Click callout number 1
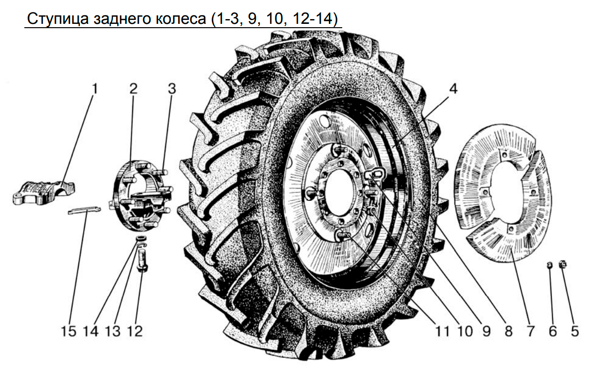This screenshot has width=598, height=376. (x=94, y=89)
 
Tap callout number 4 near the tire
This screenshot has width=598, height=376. (x=453, y=89)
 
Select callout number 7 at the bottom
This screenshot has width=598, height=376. (x=530, y=332)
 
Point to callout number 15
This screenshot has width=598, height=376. (x=69, y=332)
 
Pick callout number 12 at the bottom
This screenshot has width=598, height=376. (x=135, y=332)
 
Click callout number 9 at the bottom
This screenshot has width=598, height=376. (x=486, y=332)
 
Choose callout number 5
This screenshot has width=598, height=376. (x=575, y=332)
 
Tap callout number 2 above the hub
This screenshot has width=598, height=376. (x=133, y=89)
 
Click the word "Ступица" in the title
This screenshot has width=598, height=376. (x=58, y=19)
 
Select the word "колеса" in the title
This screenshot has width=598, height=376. (x=181, y=19)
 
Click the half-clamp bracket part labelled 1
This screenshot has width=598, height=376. (x=43, y=193)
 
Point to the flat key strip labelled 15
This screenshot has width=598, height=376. (x=84, y=210)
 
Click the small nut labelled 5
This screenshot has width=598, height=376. (x=563, y=264)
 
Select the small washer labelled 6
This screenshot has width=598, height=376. (x=549, y=265)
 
